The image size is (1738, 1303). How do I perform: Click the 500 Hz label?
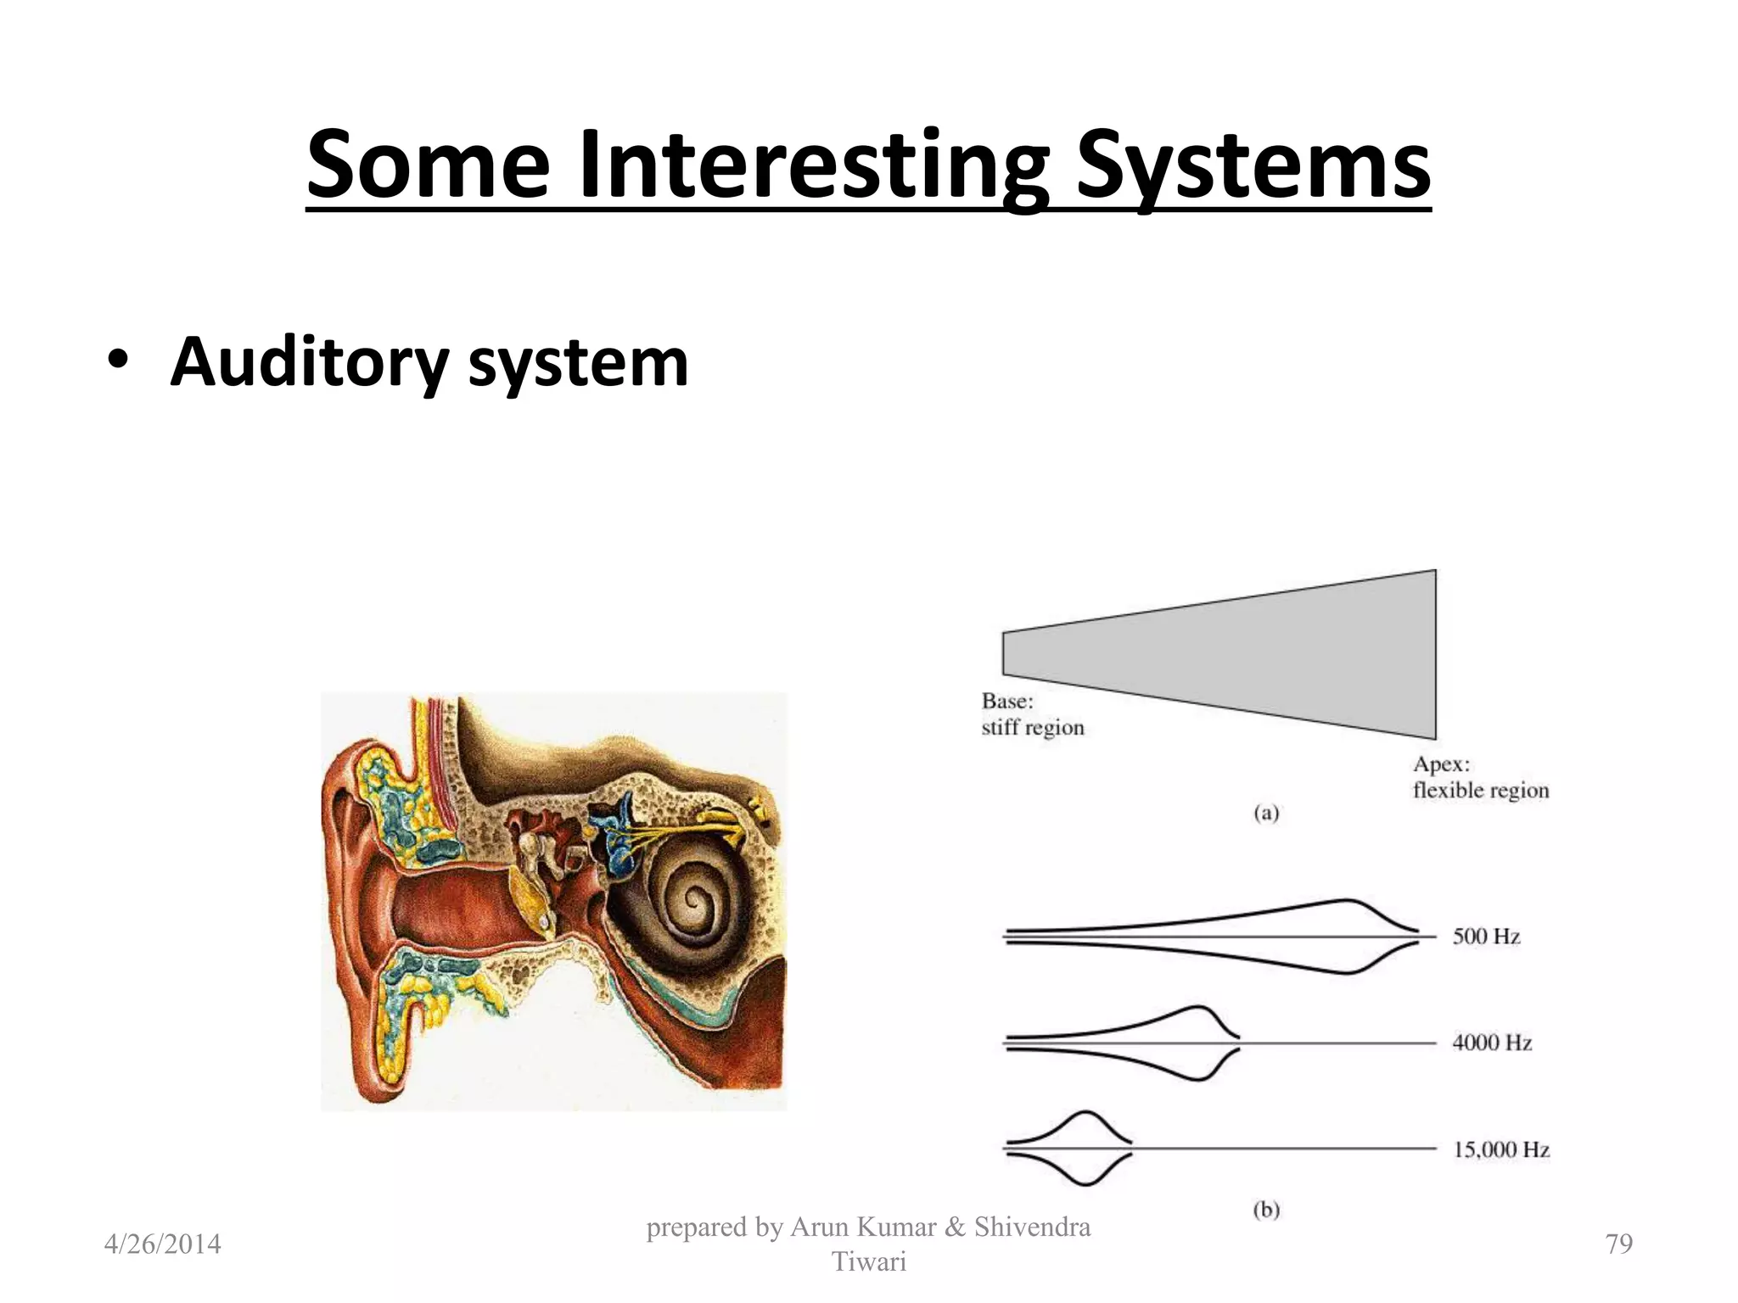[x=1486, y=937]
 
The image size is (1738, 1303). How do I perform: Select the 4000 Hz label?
[x=1492, y=1043]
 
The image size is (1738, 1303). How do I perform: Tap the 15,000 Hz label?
[x=1501, y=1149]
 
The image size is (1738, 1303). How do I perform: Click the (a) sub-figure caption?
[x=1266, y=814]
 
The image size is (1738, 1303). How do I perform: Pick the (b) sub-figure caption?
[x=1266, y=1210]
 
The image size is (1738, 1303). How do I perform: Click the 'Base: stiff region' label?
[x=1032, y=714]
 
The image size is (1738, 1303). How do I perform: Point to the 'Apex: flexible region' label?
[x=1480, y=778]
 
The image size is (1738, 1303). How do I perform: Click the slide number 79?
[x=1619, y=1244]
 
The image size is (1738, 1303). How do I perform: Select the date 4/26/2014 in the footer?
[x=162, y=1244]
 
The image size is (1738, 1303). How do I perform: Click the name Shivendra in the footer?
[x=1032, y=1227]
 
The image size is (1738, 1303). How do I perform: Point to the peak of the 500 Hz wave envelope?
[x=1346, y=902]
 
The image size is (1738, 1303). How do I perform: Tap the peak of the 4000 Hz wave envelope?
[x=1198, y=1009]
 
